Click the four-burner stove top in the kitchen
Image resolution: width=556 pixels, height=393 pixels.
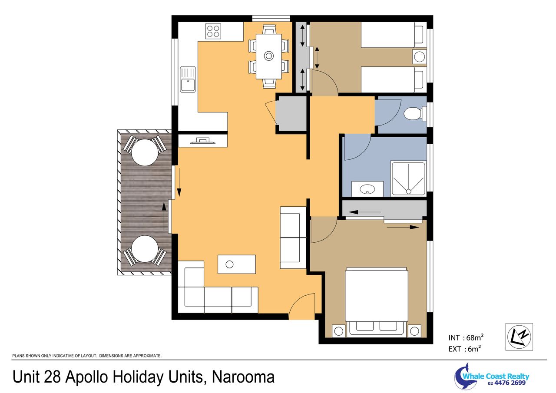pos(213,31)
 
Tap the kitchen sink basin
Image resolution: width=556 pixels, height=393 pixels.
pos(188,85)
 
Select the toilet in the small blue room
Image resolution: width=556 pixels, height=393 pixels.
pos(412,114)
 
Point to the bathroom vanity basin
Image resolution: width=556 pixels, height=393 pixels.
pos(367,189)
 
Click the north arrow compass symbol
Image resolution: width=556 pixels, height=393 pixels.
pos(519,337)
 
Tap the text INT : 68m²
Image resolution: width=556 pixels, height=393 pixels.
pos(466,337)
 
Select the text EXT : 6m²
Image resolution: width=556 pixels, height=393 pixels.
pos(464,349)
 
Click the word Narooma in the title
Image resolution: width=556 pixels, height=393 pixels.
pos(243,377)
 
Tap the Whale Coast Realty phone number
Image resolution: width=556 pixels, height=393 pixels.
pos(506,383)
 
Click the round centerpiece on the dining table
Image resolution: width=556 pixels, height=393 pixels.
pos(268,56)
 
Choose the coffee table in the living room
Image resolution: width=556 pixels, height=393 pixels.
pos(237,264)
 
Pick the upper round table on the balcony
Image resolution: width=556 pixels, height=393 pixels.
pos(145,152)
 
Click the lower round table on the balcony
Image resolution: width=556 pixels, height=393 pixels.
pos(145,249)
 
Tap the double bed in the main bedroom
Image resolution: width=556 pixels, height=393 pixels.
pos(376,302)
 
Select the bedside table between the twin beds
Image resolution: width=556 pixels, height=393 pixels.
pos(419,57)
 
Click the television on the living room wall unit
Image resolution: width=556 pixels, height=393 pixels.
pos(203,141)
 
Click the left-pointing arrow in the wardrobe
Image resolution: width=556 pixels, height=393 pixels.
pos(364,212)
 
